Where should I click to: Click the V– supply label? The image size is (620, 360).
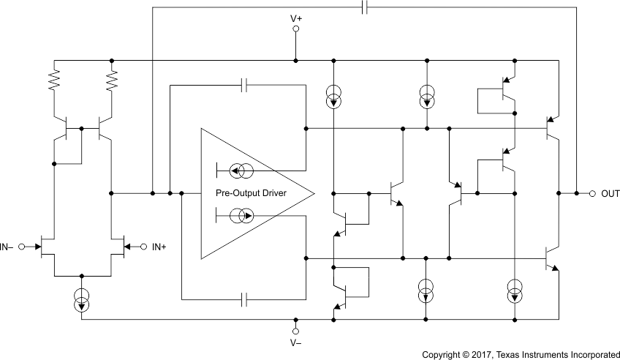point(296,341)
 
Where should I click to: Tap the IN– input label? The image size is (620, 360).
point(9,247)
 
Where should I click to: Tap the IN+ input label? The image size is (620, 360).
point(159,247)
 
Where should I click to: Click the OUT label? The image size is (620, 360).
point(610,194)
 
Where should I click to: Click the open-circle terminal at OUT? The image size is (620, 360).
point(591,194)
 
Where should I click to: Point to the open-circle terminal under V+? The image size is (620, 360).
point(296,29)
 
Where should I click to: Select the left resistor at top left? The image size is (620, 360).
point(53,80)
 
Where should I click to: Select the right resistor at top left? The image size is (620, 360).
point(111,80)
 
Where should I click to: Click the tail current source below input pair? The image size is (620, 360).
point(82,299)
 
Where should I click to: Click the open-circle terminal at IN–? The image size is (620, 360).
point(23,247)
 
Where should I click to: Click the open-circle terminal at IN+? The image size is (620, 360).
point(143,247)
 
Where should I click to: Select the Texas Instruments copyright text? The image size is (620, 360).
point(521,354)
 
